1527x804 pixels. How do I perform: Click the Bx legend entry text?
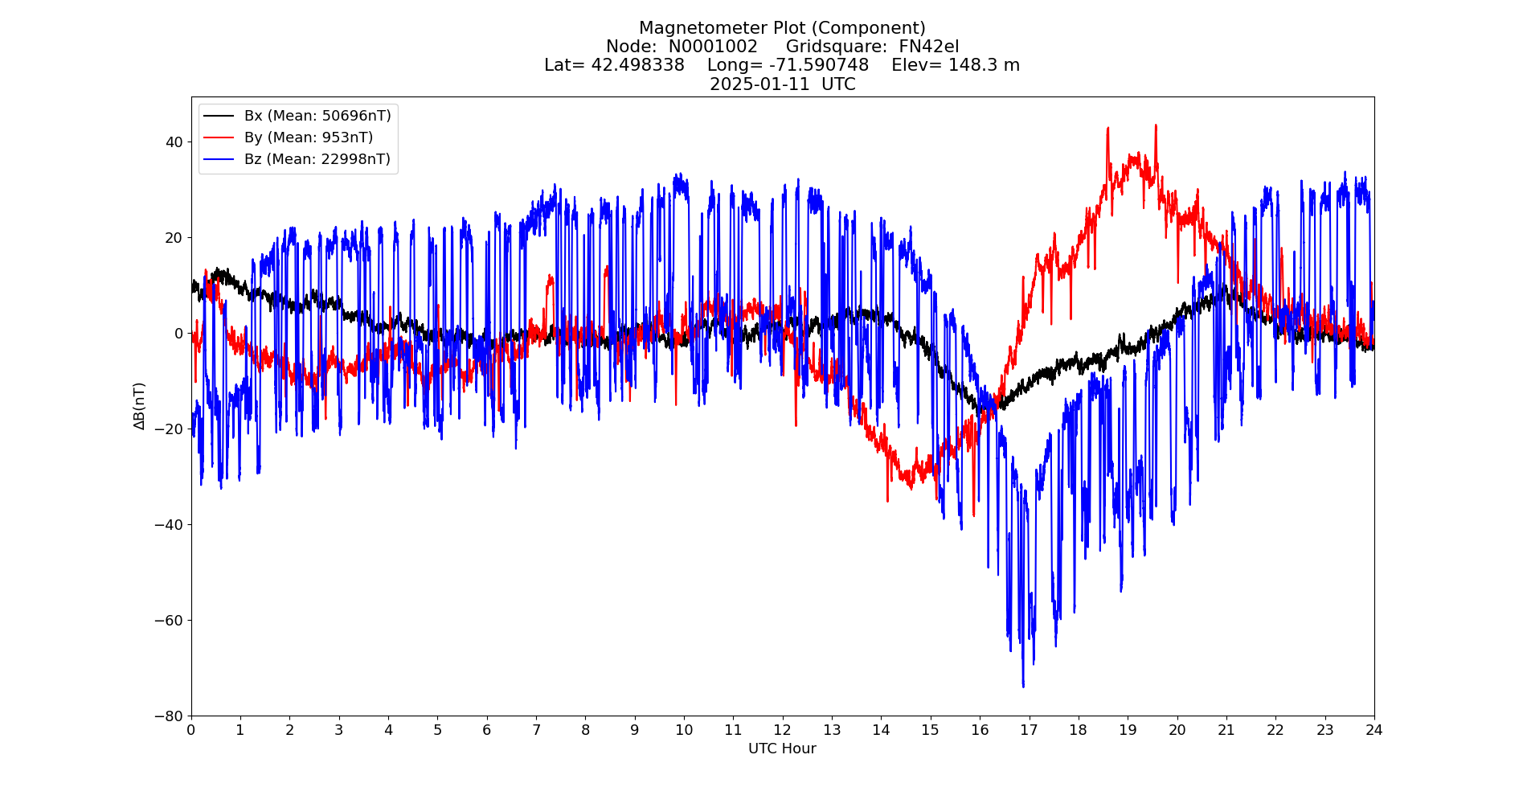click(317, 116)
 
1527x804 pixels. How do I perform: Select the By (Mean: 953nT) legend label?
click(309, 137)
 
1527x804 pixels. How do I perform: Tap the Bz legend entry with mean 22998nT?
click(317, 159)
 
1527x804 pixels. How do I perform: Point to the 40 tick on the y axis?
click(174, 142)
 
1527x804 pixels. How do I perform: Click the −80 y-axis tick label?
click(170, 716)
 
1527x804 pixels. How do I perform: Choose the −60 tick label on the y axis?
click(170, 620)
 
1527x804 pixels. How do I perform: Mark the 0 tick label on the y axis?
click(178, 333)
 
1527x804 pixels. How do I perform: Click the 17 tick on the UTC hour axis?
click(1029, 730)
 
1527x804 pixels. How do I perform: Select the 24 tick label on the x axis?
click(1373, 730)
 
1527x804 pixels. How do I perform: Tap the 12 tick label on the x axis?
click(782, 730)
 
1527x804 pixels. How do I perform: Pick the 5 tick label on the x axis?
click(437, 730)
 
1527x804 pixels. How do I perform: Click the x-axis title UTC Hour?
click(782, 749)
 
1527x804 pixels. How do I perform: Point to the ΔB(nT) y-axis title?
click(140, 406)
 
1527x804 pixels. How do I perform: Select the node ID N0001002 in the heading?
click(713, 47)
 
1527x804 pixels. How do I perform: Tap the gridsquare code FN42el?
click(928, 47)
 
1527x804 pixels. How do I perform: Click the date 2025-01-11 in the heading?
click(759, 84)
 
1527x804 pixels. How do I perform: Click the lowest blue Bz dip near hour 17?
click(1023, 686)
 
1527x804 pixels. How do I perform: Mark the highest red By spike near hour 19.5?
click(1156, 125)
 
